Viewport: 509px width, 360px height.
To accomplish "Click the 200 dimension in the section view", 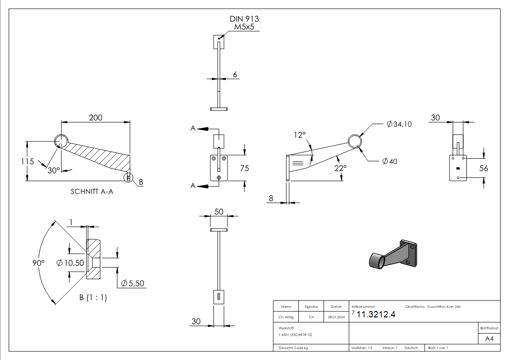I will click(x=95, y=117).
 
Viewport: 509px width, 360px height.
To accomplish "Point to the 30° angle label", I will click(x=53, y=170).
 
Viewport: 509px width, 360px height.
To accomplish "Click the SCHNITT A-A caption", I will click(x=92, y=191).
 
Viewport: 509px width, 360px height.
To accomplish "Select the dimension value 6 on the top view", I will click(x=235, y=74).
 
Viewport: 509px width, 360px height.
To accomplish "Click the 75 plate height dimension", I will click(x=245, y=168).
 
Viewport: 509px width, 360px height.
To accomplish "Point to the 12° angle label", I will click(x=300, y=135).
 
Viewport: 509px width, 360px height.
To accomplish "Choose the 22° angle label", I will click(x=340, y=168).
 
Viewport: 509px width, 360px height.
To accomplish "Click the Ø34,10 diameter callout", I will click(x=399, y=124).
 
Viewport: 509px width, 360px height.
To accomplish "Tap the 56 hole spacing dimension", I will click(x=484, y=168).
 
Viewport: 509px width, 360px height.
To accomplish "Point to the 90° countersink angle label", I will click(x=39, y=263).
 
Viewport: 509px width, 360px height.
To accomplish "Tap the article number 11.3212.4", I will click(x=376, y=315).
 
